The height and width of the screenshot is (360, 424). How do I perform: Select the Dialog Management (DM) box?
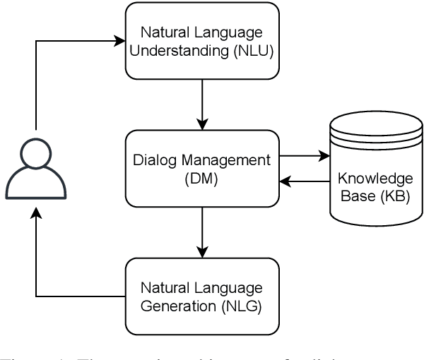203,168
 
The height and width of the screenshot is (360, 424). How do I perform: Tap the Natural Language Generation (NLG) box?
203,296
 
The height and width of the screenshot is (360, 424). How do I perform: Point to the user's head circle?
35,154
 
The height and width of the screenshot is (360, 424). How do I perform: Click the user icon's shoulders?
35,185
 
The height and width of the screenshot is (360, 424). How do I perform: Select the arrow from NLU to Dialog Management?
203,104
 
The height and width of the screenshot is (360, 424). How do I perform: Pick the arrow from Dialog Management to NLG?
203,232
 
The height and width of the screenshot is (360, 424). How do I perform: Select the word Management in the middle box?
227,160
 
